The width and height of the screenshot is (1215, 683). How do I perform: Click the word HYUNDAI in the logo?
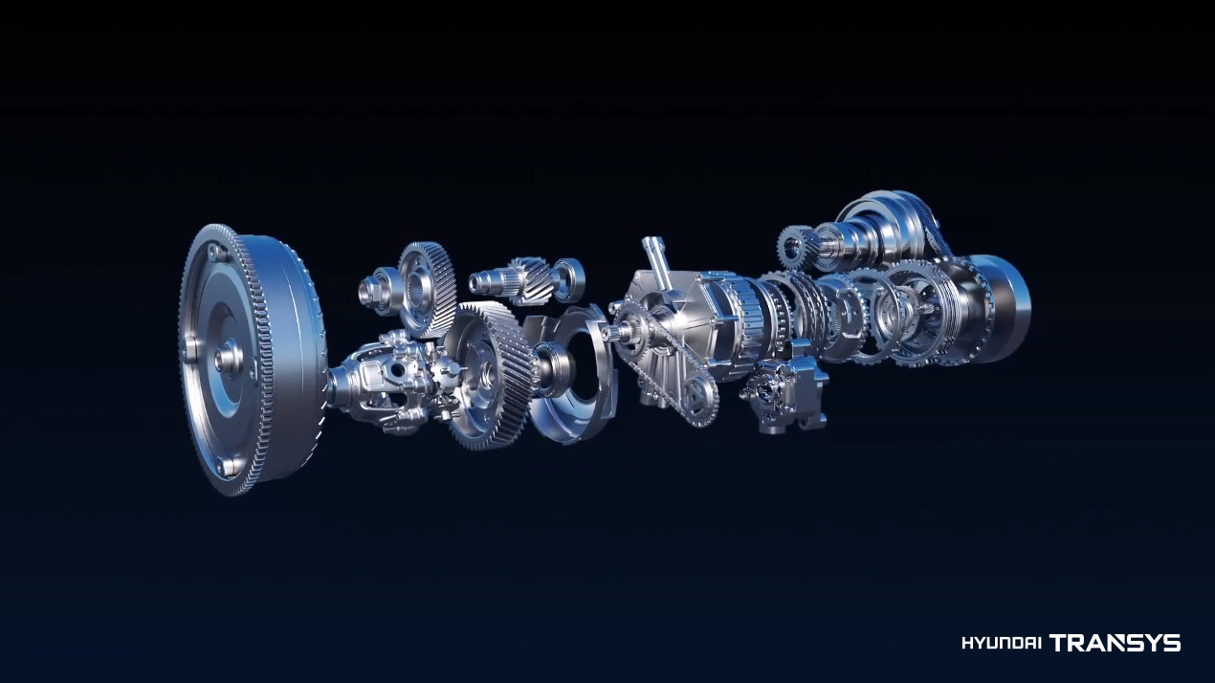1002,643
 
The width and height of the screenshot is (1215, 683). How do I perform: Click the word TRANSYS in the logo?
1116,643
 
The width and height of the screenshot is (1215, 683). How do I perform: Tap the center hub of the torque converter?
229,358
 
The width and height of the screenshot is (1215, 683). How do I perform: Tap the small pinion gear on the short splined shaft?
533,280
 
